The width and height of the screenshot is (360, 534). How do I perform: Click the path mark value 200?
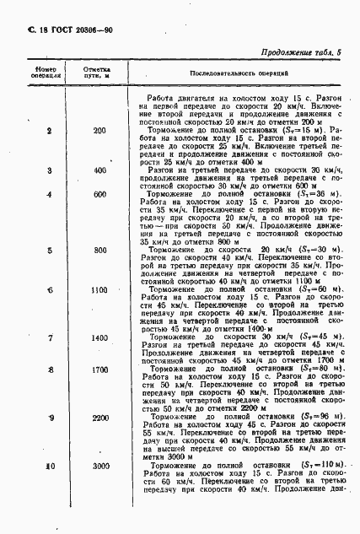coord(99,131)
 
